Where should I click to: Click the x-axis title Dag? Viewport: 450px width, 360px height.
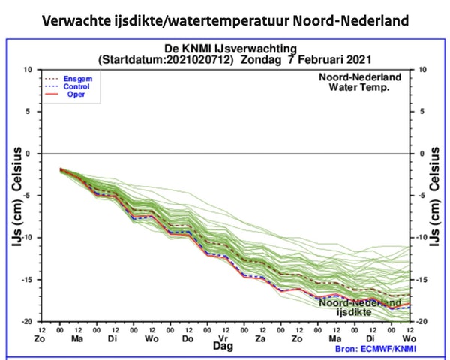point(223,349)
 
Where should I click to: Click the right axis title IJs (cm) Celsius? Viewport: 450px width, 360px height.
point(435,196)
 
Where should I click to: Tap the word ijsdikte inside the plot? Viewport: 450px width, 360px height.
point(354,310)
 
